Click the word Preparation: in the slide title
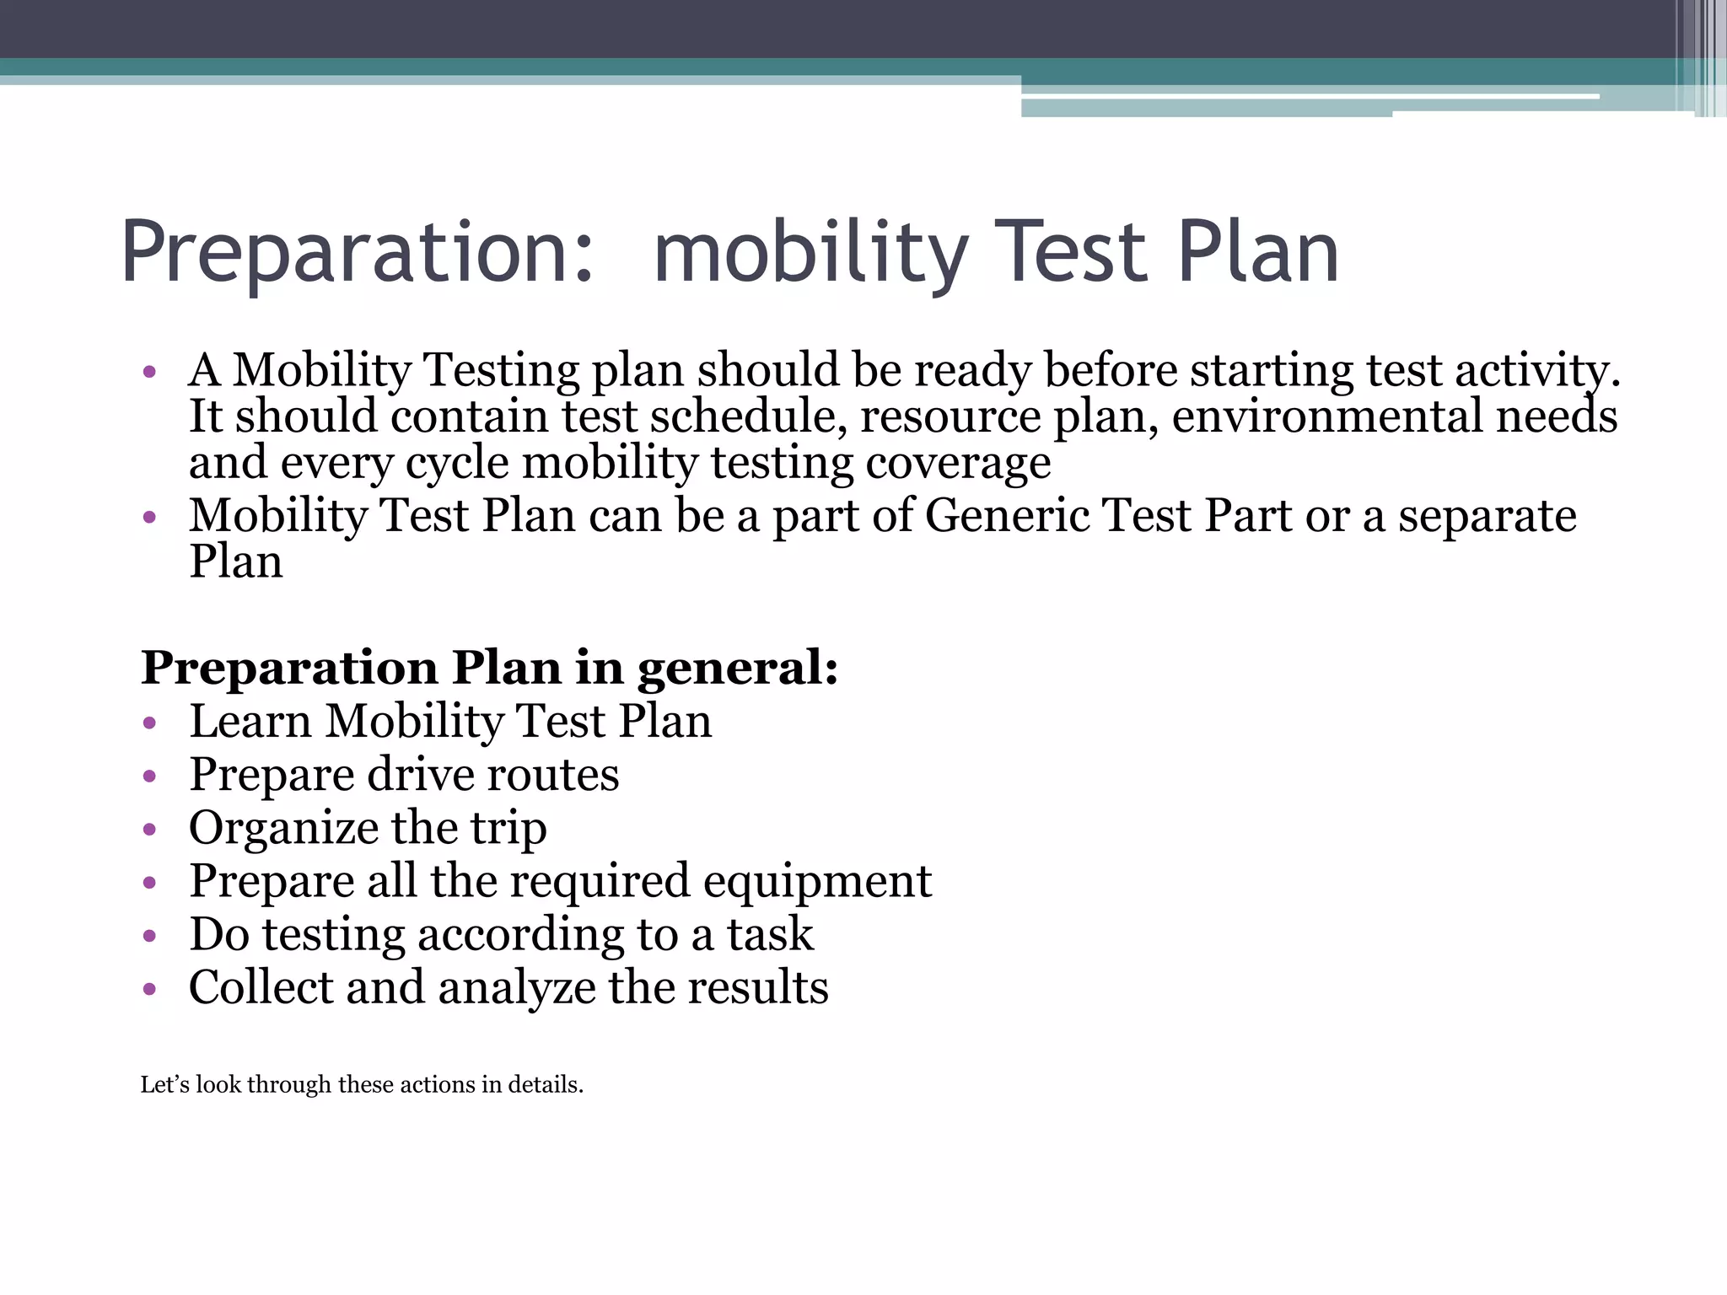tap(358, 253)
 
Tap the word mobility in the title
tap(810, 253)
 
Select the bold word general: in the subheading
tap(738, 669)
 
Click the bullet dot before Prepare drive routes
tap(150, 776)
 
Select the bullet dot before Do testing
tap(150, 936)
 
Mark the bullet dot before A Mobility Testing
tap(150, 372)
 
